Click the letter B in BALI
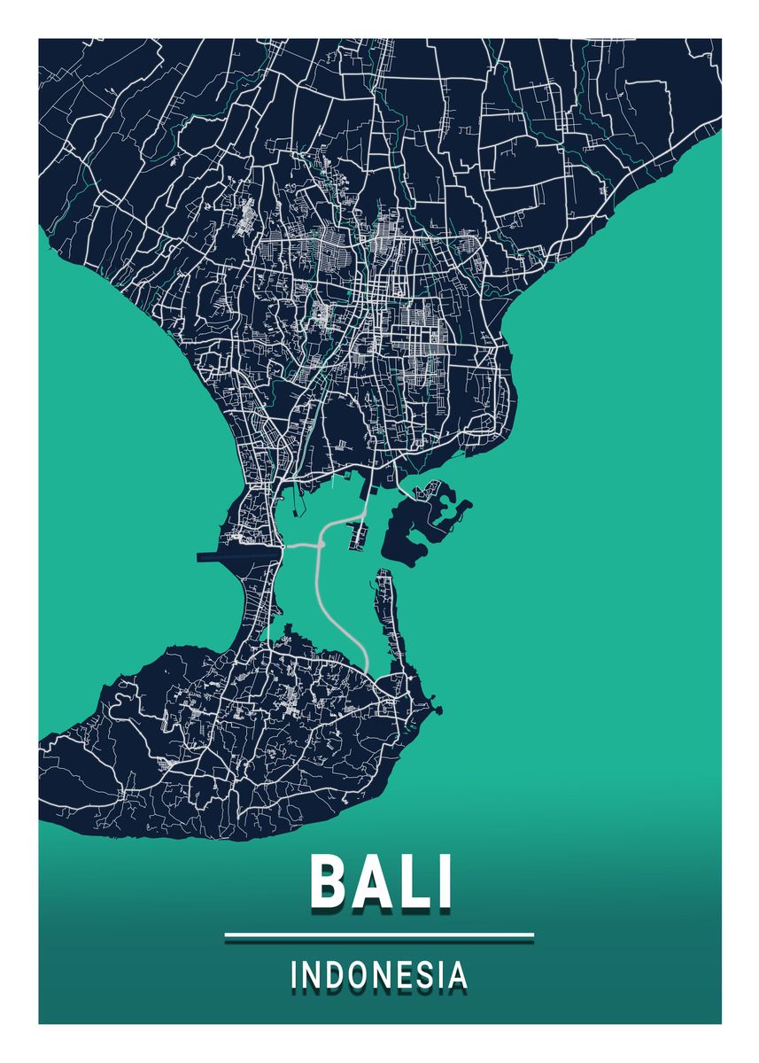(x=329, y=881)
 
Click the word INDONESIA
(x=379, y=975)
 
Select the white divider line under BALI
(x=379, y=935)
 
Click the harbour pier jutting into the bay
(x=360, y=531)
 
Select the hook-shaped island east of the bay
(x=425, y=523)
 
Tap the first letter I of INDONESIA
(x=295, y=975)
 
